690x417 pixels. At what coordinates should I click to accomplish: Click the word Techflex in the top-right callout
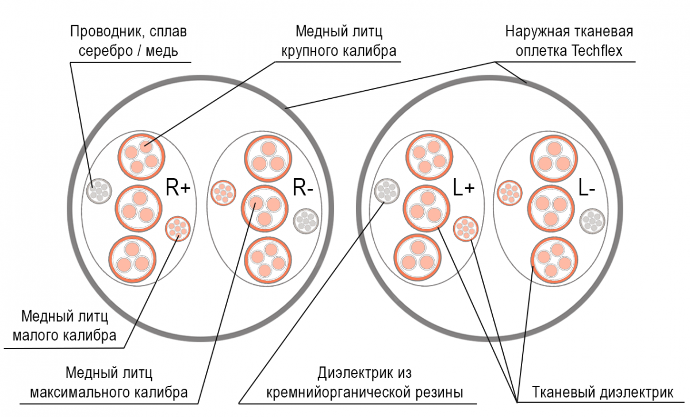click(597, 51)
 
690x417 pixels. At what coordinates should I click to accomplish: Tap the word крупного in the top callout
click(308, 51)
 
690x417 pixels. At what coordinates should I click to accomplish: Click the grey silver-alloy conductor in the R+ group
click(99, 190)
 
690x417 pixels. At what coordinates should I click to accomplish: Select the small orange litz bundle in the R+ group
click(177, 229)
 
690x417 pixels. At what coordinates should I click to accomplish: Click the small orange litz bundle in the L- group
click(509, 192)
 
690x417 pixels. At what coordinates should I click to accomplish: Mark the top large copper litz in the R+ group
click(141, 155)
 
